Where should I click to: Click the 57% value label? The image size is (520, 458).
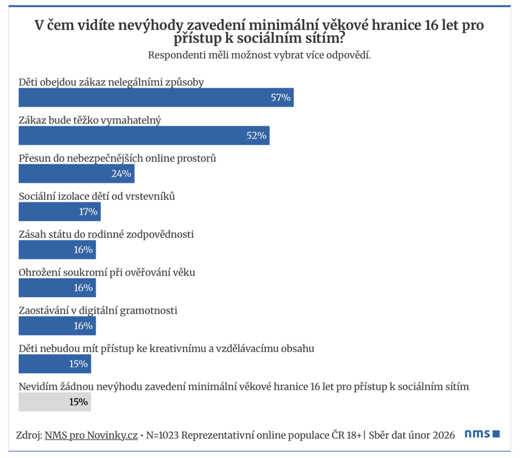click(280, 97)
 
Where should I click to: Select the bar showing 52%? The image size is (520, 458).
click(144, 135)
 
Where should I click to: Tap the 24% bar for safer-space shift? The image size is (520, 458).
click(76, 173)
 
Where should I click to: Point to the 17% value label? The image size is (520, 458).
click(88, 212)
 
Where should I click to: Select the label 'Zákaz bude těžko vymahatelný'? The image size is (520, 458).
click(90, 120)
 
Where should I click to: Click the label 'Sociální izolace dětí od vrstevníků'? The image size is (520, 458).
click(96, 196)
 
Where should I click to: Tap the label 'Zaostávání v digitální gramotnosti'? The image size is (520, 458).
click(97, 310)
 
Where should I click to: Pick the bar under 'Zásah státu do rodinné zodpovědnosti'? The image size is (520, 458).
click(57, 250)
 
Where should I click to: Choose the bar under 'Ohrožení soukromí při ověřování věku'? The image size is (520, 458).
click(57, 288)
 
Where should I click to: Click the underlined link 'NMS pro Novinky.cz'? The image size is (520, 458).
click(91, 435)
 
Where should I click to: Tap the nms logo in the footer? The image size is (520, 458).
click(482, 434)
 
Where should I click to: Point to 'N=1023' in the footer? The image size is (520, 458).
click(163, 435)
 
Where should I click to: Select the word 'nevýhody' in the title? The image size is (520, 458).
click(133, 25)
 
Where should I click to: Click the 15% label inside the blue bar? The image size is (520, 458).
click(78, 364)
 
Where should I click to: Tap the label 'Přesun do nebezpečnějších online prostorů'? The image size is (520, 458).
click(117, 158)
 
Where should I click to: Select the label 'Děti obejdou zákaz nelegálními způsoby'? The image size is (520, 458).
click(111, 82)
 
